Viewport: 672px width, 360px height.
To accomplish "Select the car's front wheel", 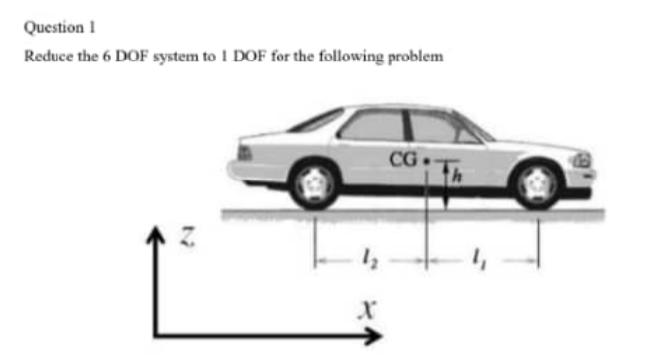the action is [538, 183].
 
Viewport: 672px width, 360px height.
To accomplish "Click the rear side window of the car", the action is [372, 126].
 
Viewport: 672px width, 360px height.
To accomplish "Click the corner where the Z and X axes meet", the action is [157, 336].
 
